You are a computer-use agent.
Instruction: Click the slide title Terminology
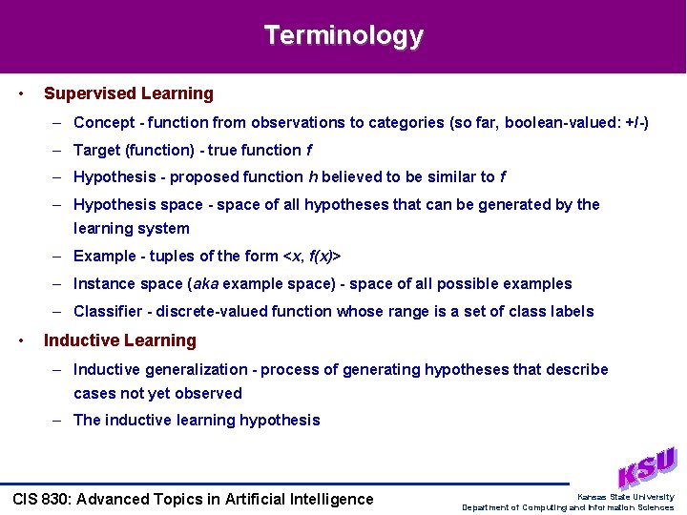[343, 35]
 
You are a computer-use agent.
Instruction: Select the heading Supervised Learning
[129, 93]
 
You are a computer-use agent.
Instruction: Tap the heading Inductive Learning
[120, 340]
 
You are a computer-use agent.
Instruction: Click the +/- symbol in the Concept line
[633, 122]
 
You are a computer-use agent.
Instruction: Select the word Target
[96, 150]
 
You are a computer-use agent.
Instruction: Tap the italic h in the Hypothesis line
[314, 176]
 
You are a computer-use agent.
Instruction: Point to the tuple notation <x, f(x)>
[313, 256]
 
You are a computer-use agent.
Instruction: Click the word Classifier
[107, 311]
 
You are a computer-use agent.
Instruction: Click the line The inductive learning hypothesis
[197, 420]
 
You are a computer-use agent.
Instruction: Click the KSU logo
[646, 467]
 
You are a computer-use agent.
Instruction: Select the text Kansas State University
[625, 496]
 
